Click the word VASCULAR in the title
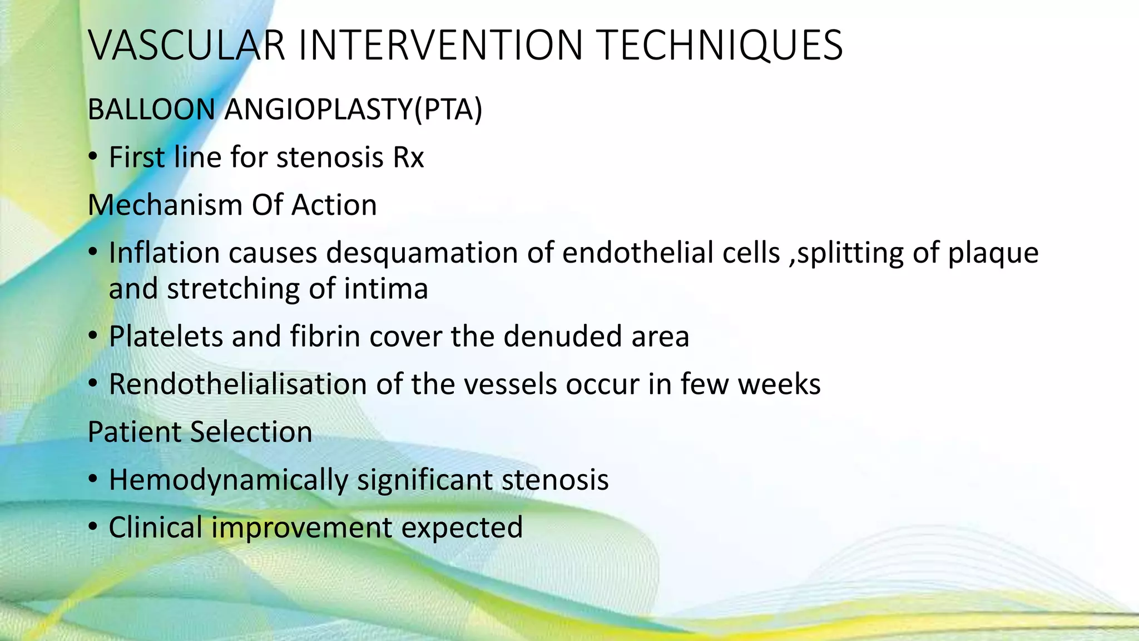coord(187,46)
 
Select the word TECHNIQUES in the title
coord(721,46)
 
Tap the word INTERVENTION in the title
coord(440,46)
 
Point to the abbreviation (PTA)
coord(448,110)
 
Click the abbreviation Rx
coord(408,157)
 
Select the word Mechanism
coord(165,205)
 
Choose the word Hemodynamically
coord(228,481)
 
